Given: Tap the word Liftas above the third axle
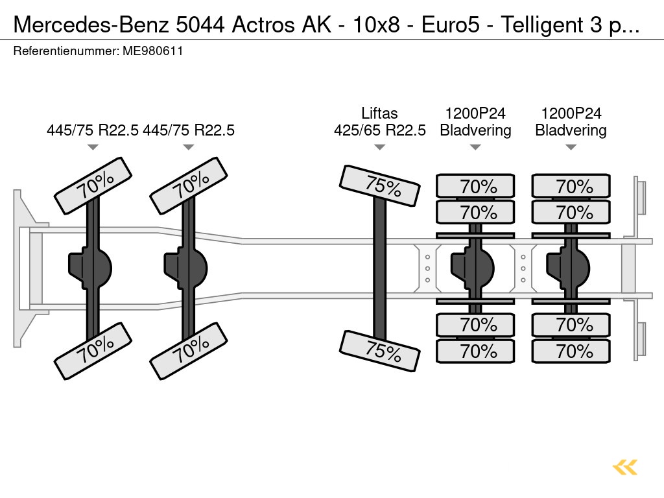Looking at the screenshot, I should click(x=379, y=113).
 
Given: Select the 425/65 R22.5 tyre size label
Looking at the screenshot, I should click(x=379, y=130).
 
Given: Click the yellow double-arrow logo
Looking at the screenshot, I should click(x=624, y=467).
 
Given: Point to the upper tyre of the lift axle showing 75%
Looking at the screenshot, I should click(x=379, y=185).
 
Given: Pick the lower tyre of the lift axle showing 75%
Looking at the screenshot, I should click(x=379, y=351).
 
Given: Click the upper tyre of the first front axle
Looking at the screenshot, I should click(x=93, y=185).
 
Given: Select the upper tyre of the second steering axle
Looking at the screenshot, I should click(x=189, y=185).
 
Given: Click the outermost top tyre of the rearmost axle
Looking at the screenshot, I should click(x=571, y=187).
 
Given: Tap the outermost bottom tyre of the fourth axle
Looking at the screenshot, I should click(x=475, y=351).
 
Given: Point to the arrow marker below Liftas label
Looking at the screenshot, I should click(x=379, y=147).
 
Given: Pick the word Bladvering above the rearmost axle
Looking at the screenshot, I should click(x=571, y=130).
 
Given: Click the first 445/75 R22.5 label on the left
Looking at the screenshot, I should click(x=93, y=130).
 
